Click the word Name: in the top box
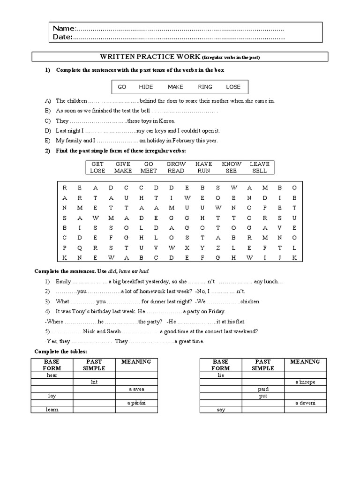click(63, 29)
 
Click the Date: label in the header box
click(62, 37)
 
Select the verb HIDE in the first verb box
click(146, 87)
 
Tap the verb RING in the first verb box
click(205, 87)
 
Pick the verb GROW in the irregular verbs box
click(176, 164)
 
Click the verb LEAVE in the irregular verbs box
click(259, 164)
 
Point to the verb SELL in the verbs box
click(259, 171)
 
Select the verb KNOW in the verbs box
click(232, 164)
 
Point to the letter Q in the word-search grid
click(80, 247)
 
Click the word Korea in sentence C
click(165, 121)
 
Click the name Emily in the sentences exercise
click(63, 282)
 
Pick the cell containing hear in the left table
click(52, 375)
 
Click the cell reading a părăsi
click(136, 403)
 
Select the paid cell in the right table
click(263, 389)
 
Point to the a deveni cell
click(305, 403)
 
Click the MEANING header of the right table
click(305, 361)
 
